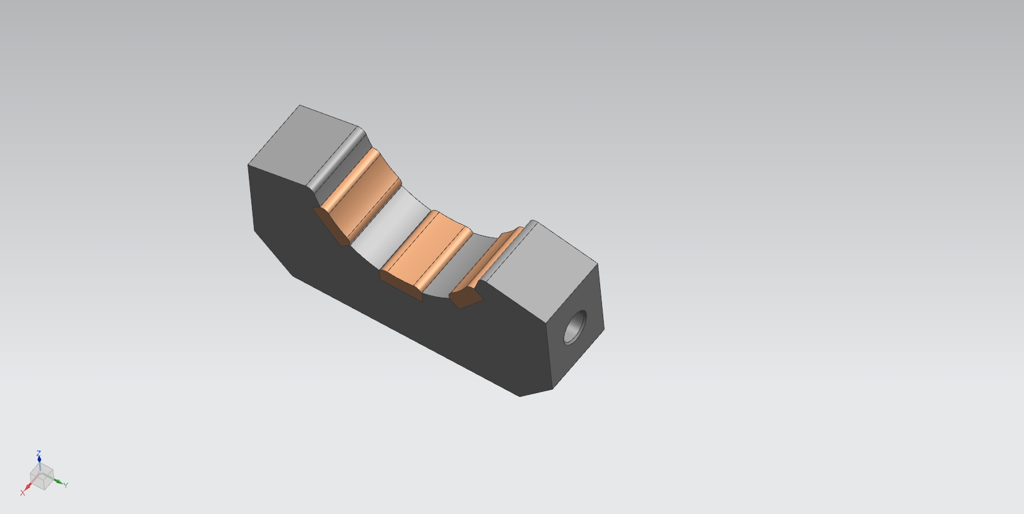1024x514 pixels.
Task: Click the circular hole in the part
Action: pos(575,327)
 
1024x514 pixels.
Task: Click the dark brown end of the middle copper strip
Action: pos(400,286)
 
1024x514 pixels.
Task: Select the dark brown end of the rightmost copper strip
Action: pos(465,298)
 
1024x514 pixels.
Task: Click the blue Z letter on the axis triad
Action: pos(38,453)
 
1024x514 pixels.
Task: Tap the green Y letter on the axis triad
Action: pos(66,485)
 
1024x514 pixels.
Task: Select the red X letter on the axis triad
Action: pos(22,494)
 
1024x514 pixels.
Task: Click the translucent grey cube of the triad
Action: pos(42,477)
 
